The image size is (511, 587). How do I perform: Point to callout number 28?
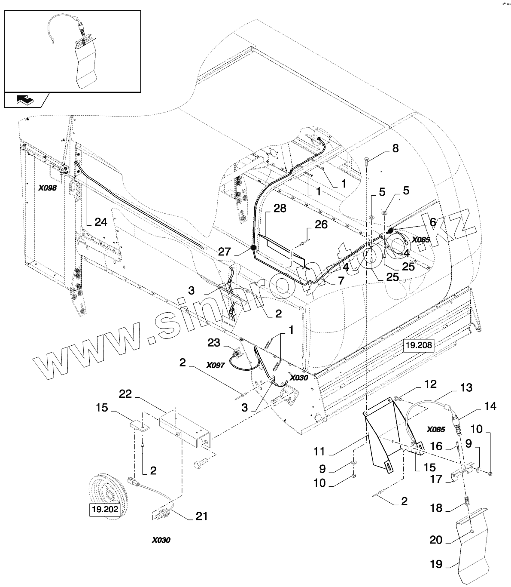click(x=280, y=209)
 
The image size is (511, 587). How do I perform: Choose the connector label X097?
click(x=215, y=365)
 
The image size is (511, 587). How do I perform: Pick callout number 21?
click(x=201, y=516)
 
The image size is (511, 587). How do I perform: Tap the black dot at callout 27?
click(x=254, y=248)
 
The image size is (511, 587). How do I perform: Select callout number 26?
click(x=321, y=224)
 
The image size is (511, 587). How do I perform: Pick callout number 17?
click(x=436, y=479)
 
